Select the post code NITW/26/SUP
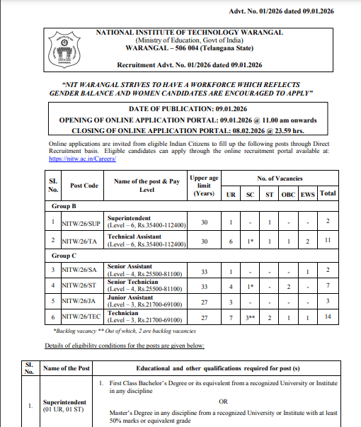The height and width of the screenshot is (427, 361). pos(82,222)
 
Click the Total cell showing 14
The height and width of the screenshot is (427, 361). pos(328,317)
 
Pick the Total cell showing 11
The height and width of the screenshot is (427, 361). pos(328,241)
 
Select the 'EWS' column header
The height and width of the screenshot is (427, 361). pos(308,193)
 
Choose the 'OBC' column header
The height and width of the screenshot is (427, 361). pos(288,193)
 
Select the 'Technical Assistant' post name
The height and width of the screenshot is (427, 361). pos(134,237)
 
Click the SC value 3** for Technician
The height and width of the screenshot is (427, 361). pos(250,317)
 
